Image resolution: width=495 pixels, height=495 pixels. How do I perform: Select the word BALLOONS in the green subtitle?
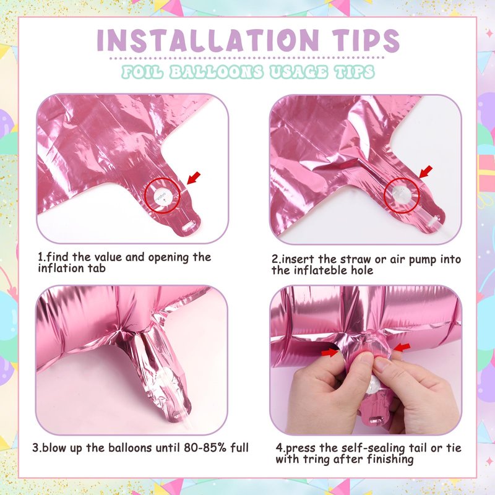pos(216,72)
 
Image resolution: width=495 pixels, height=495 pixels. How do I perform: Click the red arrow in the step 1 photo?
pos(194,178)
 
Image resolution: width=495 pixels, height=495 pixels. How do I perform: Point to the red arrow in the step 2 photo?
pos(426,172)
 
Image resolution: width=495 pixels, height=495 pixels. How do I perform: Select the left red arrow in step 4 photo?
pos(330,351)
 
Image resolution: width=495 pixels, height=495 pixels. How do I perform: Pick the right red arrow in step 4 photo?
pos(402,348)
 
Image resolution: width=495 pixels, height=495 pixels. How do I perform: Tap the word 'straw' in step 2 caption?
pos(355,259)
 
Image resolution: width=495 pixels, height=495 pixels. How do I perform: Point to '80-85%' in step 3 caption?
pos(203,447)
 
